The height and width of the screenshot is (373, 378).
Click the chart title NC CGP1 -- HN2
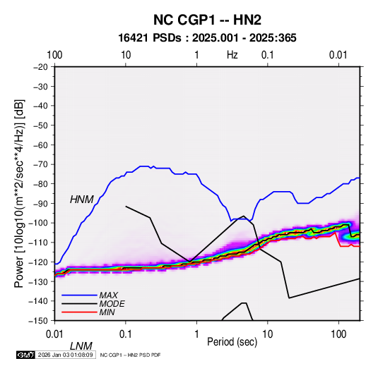pyautogui.click(x=207, y=20)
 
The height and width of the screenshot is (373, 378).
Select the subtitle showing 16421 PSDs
pyautogui.click(x=207, y=38)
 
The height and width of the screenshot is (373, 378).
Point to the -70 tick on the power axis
pyautogui.click(x=41, y=164)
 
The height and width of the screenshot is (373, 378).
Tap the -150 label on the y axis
pyautogui.click(x=39, y=321)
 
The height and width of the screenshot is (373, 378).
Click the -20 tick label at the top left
pyautogui.click(x=41, y=67)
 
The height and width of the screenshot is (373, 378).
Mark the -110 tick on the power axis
pyautogui.click(x=39, y=243)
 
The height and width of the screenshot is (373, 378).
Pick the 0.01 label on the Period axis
pyautogui.click(x=54, y=334)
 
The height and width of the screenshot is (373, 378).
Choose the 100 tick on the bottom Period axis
pyautogui.click(x=338, y=334)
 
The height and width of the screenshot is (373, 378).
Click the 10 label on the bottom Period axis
pyautogui.click(x=268, y=334)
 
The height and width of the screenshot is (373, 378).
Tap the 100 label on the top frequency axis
pyautogui.click(x=54, y=55)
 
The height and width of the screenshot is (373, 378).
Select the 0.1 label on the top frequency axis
pyautogui.click(x=268, y=55)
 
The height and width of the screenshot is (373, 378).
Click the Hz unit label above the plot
pyautogui.click(x=232, y=55)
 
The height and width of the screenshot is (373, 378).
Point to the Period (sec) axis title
pyautogui.click(x=232, y=342)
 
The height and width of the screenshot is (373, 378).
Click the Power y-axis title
pyautogui.click(x=20, y=193)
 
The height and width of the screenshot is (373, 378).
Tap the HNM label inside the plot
pyautogui.click(x=82, y=200)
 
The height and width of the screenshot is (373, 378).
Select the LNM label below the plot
pyautogui.click(x=81, y=346)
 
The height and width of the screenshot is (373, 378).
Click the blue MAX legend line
pyautogui.click(x=79, y=295)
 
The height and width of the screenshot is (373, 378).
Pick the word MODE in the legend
pyautogui.click(x=112, y=304)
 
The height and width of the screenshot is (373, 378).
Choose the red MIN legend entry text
pyautogui.click(x=107, y=312)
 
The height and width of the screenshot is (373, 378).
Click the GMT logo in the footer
pyautogui.click(x=26, y=355)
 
